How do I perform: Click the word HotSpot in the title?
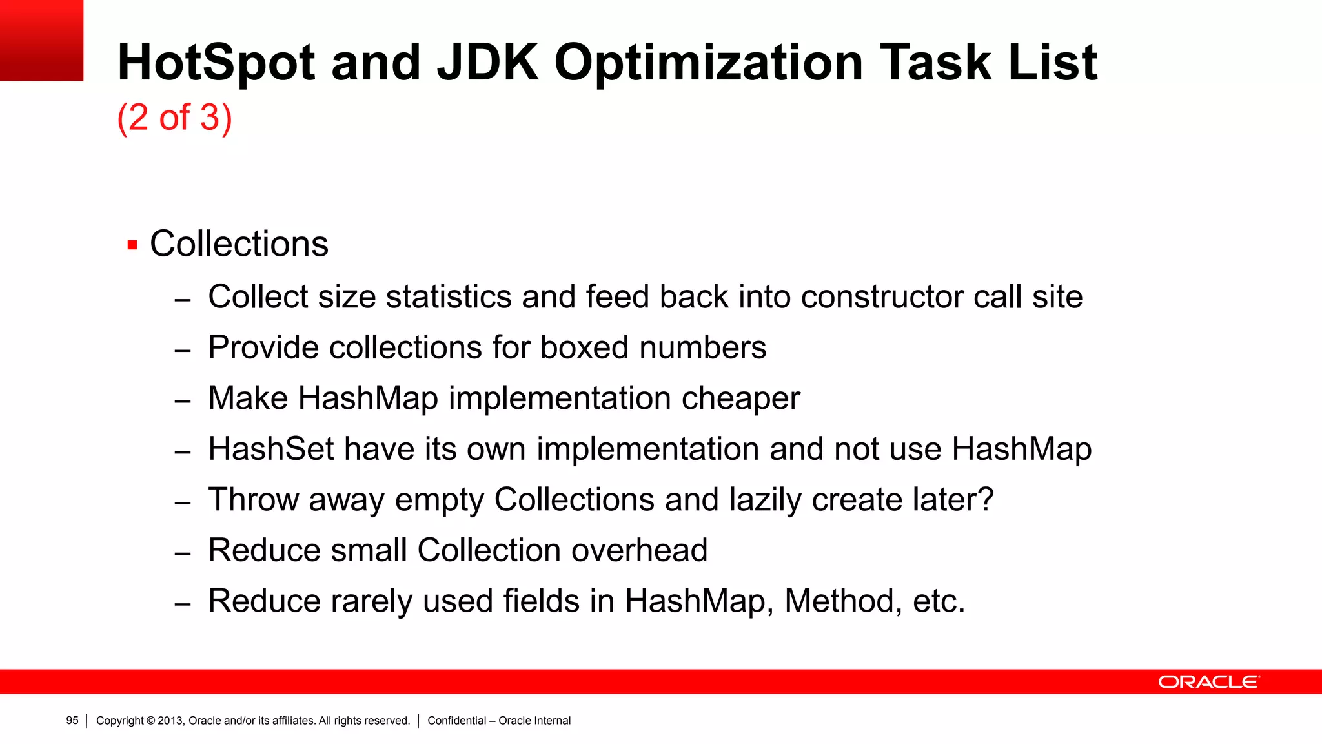pos(216,63)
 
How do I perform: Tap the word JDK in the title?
pos(487,63)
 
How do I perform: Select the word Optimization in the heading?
pos(708,63)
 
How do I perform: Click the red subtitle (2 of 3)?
pos(174,118)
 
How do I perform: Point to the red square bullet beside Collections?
pos(132,245)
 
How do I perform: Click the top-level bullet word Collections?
pos(239,244)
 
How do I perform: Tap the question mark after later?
pos(986,499)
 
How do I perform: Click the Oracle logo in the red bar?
pos(1208,682)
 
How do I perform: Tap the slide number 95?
pos(72,721)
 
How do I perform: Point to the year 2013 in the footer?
pos(170,721)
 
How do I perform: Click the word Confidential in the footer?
pos(456,721)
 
